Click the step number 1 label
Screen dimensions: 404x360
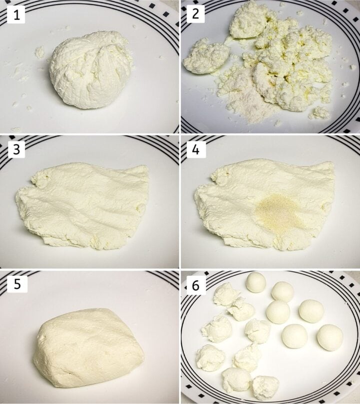click(16, 16)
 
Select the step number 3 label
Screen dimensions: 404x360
click(16, 149)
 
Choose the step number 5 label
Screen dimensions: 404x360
click(16, 285)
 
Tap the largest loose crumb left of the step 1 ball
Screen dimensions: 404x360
click(39, 52)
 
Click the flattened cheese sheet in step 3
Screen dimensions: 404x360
click(82, 205)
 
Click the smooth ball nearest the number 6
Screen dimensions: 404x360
click(256, 283)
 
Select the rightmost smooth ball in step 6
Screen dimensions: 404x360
click(330, 337)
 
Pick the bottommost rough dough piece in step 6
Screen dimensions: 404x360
click(265, 387)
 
